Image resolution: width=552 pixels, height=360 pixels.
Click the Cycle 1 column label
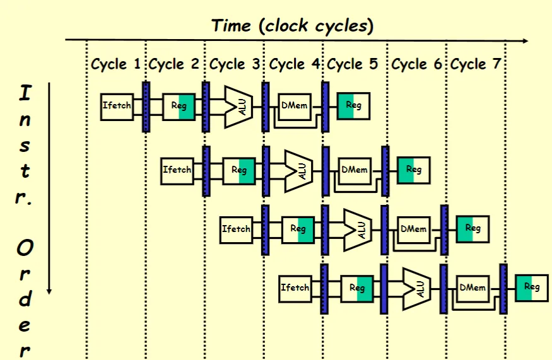[x=116, y=64]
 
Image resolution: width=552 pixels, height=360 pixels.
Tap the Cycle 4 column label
[x=295, y=64]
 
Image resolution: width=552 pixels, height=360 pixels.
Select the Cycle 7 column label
[x=476, y=64]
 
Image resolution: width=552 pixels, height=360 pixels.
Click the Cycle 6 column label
[x=418, y=64]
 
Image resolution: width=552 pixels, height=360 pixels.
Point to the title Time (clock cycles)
[x=292, y=26]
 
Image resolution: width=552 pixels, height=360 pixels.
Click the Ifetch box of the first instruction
[x=117, y=105]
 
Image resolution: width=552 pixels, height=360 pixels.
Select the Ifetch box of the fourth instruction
[x=295, y=287]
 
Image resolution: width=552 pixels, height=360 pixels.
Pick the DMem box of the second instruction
[x=355, y=170]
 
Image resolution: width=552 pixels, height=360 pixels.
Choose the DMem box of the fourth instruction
[x=473, y=287]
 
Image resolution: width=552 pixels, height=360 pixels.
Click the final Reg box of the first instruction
[x=353, y=105]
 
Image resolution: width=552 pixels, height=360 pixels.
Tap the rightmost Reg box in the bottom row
[x=531, y=287]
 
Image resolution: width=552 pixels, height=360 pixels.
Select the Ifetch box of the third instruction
[x=236, y=229]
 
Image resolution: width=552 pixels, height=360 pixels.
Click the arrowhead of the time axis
[x=525, y=41]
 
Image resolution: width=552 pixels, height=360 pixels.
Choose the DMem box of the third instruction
[x=413, y=229]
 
